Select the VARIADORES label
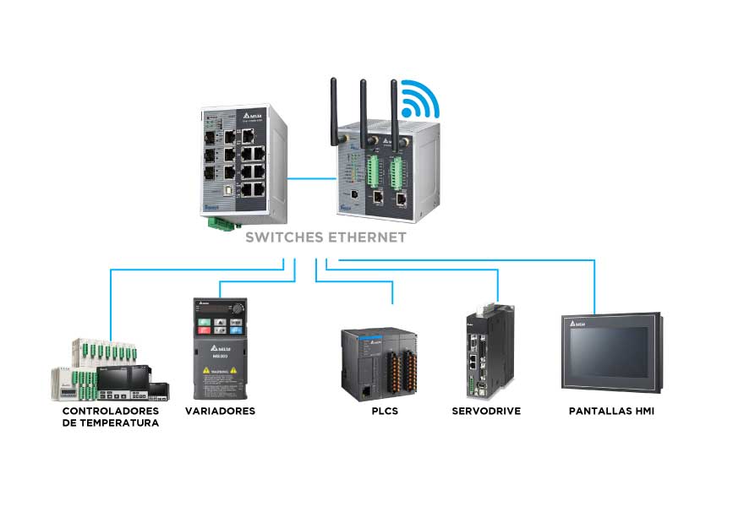pos(220,412)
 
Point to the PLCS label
pos(385,412)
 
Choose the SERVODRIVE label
pos(486,412)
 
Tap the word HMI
pos(643,412)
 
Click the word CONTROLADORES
pos(111,411)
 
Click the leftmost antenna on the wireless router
pos(335,110)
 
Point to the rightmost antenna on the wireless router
pos(394,110)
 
